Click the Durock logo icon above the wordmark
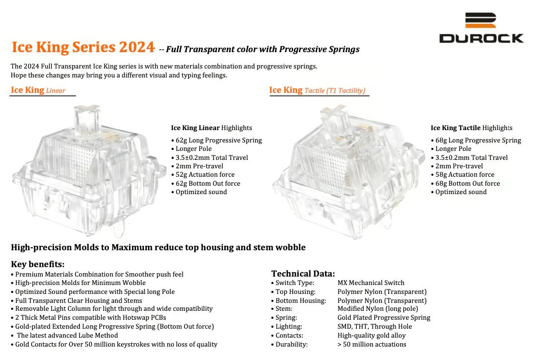tap(480, 20)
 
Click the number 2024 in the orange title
tap(136, 47)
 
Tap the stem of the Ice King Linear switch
tap(87, 117)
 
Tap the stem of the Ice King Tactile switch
tap(334, 119)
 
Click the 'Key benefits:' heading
tap(38, 264)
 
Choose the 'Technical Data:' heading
tap(303, 274)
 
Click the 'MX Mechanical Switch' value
tap(371, 283)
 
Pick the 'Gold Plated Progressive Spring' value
tap(384, 318)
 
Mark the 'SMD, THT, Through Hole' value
tap(375, 326)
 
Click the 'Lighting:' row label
tap(288, 326)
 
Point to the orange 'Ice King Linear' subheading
tap(38, 90)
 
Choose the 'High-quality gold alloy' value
tap(372, 336)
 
